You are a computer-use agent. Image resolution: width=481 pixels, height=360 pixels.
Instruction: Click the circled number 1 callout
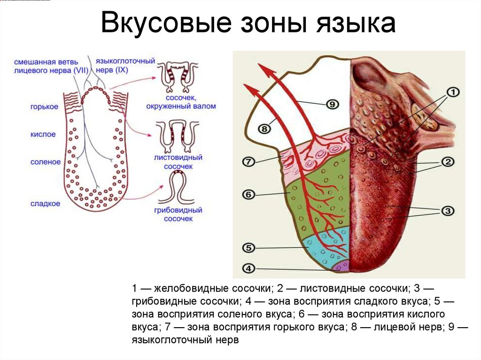(x=453, y=92)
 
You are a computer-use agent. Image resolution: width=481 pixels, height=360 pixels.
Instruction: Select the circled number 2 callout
(x=448, y=161)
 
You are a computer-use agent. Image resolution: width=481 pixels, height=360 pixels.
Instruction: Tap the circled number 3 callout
(x=448, y=211)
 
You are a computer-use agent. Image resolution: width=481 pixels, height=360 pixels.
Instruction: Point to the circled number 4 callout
(x=248, y=268)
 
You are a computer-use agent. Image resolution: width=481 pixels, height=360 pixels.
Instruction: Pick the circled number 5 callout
(x=248, y=248)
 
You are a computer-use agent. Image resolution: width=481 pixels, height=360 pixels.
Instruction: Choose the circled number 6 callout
(x=248, y=194)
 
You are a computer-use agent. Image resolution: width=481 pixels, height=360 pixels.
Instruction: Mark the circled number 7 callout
(x=248, y=161)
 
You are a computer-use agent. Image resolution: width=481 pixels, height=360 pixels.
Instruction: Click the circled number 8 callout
(x=264, y=129)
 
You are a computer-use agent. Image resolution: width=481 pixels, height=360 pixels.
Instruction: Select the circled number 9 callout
(x=332, y=104)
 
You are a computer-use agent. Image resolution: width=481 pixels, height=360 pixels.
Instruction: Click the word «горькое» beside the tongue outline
(x=44, y=107)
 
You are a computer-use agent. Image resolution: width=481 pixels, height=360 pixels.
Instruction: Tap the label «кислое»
(x=43, y=134)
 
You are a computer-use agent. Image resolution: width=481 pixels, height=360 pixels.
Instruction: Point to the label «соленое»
(x=46, y=162)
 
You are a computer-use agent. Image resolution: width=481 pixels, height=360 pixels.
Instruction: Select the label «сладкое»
(x=45, y=204)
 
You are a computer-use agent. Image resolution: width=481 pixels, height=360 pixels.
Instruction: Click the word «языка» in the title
(x=356, y=23)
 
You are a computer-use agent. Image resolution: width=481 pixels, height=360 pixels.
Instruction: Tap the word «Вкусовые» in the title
(x=166, y=24)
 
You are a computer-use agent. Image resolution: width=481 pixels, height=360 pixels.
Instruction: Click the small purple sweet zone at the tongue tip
(x=342, y=266)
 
